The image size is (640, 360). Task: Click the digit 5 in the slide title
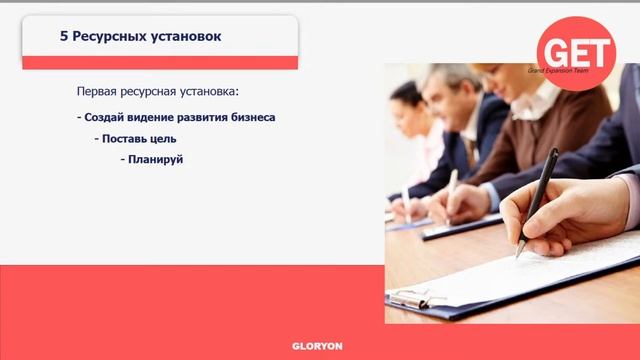tap(62, 36)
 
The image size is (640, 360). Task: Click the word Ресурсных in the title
tap(107, 36)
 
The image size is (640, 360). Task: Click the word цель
tap(163, 138)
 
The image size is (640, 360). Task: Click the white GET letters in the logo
tap(575, 48)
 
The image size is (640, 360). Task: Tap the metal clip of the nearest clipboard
tap(411, 298)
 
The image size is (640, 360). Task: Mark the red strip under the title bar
tap(160, 62)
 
